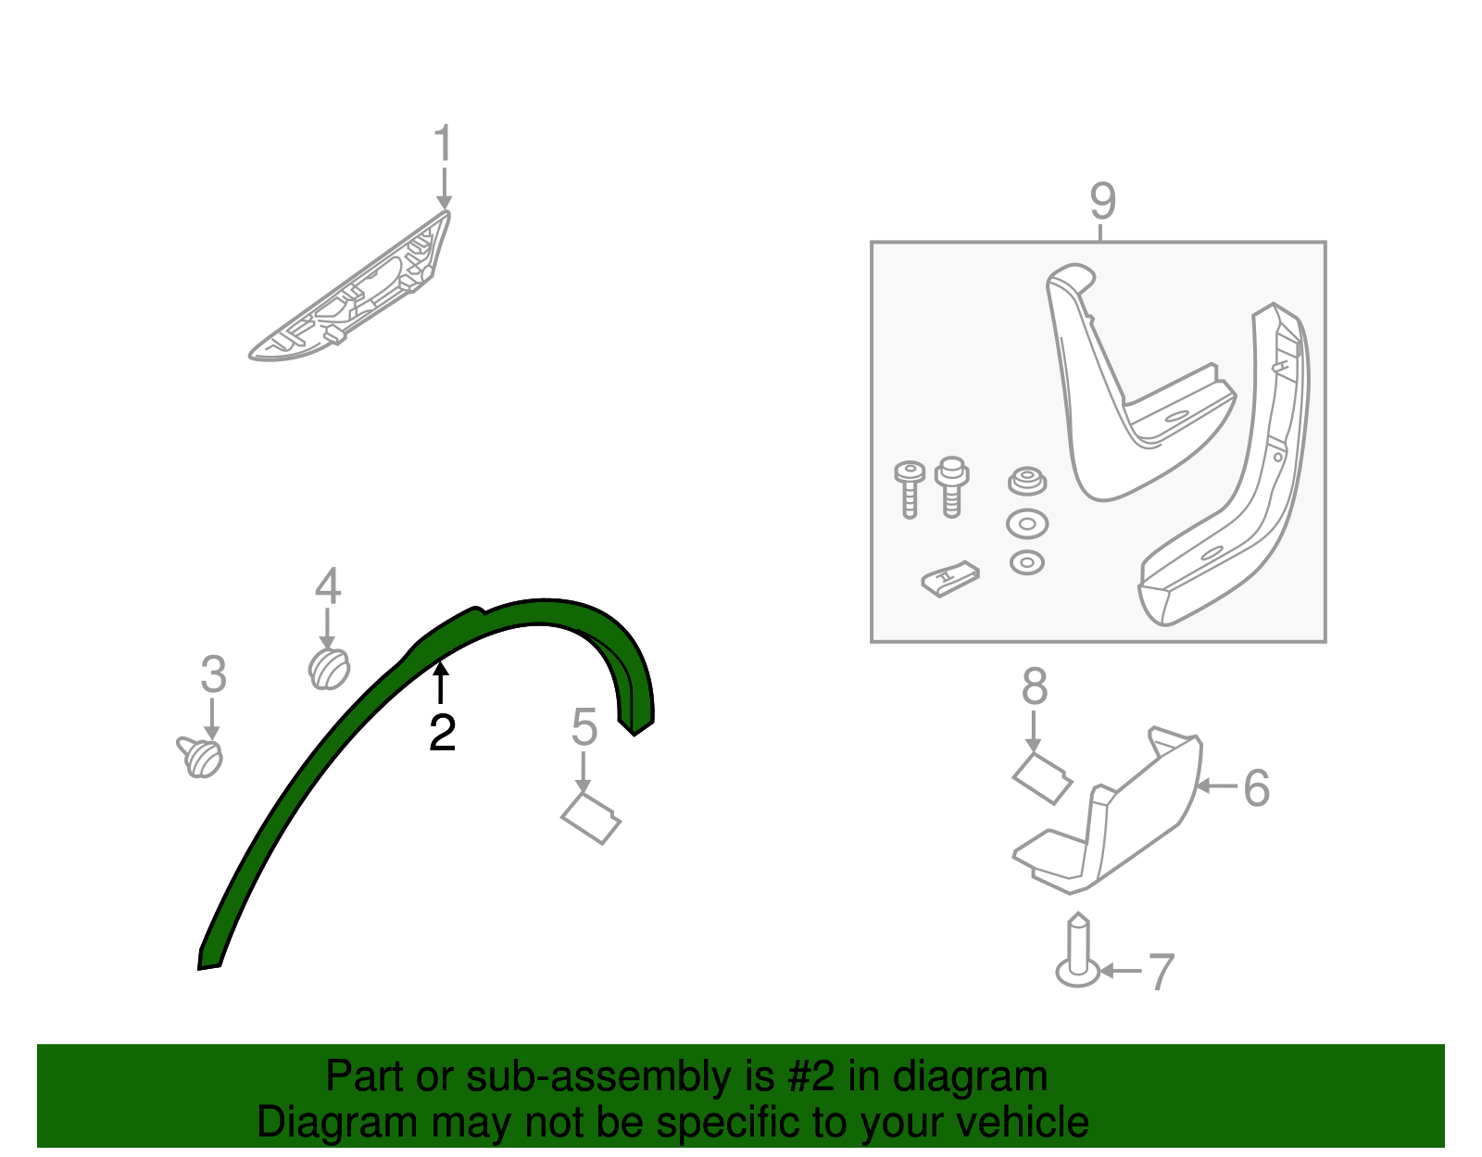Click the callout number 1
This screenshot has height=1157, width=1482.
click(x=444, y=143)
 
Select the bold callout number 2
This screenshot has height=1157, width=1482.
click(x=442, y=733)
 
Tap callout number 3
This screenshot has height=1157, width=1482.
click(x=213, y=674)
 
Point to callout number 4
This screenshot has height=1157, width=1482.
click(x=327, y=586)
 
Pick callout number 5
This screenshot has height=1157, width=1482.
click(x=584, y=727)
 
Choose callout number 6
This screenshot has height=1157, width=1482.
click(x=1256, y=787)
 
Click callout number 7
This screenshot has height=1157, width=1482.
click(x=1162, y=973)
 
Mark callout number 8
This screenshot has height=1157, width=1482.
click(x=1035, y=686)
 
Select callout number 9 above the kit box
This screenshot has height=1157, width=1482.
click(x=1103, y=201)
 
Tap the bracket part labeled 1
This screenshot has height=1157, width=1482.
click(x=349, y=286)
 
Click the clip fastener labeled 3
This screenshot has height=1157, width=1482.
click(x=200, y=757)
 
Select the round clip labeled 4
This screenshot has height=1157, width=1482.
click(x=329, y=669)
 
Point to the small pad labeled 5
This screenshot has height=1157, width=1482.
click(x=591, y=818)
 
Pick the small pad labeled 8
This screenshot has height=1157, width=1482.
click(x=1041, y=779)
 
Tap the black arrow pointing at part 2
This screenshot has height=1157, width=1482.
click(x=441, y=683)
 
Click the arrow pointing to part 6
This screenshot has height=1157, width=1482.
click(x=1217, y=786)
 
